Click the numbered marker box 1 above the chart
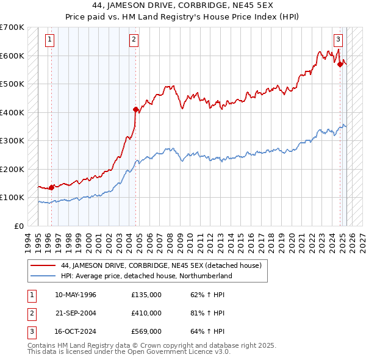click(x=49, y=40)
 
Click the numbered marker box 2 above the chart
click(x=133, y=40)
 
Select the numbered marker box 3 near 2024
click(x=337, y=40)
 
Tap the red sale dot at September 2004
click(x=136, y=110)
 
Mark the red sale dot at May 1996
click(x=51, y=187)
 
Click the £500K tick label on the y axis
click(x=12, y=84)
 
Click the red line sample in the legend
click(x=43, y=265)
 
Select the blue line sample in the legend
click(x=43, y=276)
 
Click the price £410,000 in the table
click(x=146, y=313)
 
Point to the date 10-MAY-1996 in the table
click(x=76, y=295)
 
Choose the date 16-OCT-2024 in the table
click(x=76, y=331)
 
